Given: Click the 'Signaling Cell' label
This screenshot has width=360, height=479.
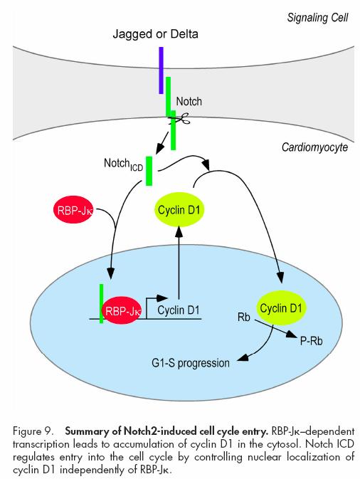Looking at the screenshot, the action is [x=317, y=18].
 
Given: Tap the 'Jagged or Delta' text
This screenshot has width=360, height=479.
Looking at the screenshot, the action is [x=155, y=33].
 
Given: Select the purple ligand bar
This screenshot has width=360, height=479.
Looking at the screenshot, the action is [x=162, y=70].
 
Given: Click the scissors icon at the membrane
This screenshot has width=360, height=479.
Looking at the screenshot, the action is [x=180, y=119].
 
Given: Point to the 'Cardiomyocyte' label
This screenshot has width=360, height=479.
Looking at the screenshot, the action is [x=314, y=147].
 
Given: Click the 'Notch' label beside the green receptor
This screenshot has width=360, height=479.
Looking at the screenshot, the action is [x=189, y=101].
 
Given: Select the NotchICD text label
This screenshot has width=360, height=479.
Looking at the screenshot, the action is [x=123, y=164].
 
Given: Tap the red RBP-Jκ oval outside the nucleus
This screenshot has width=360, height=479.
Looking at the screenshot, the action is [x=73, y=210].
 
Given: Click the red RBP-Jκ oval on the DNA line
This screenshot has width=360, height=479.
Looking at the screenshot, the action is [x=122, y=311].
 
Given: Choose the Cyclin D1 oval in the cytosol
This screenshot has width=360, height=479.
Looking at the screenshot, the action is [x=179, y=209].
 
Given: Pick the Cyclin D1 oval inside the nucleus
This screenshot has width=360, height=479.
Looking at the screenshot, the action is [x=280, y=307].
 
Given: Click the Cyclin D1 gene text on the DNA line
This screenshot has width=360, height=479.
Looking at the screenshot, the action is [x=179, y=310].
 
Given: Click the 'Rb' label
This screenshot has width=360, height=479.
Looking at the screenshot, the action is [x=243, y=317].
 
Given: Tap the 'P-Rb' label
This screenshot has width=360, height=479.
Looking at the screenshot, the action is [x=311, y=341].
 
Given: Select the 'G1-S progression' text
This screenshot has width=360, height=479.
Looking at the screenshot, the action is [x=191, y=363].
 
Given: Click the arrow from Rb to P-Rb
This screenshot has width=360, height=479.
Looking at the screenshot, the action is [x=275, y=328].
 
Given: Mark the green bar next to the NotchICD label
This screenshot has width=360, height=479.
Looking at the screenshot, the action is [x=149, y=171].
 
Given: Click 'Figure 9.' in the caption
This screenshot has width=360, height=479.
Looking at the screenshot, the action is [x=32, y=431].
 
